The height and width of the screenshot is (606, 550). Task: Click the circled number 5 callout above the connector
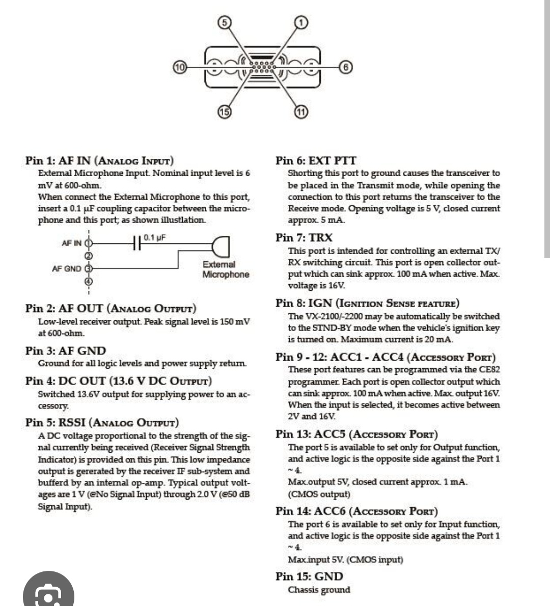pos(224,22)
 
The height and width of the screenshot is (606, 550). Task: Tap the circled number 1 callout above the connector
pos(301,22)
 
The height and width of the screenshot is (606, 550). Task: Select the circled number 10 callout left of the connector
pos(180,67)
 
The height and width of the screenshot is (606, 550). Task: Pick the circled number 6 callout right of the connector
pos(346,67)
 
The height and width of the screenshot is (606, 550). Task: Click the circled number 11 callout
pos(301,112)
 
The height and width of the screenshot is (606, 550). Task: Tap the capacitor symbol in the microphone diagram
pos(136,243)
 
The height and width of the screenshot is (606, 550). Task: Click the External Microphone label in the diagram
pos(226,269)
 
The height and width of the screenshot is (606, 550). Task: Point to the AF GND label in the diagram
pos(66,268)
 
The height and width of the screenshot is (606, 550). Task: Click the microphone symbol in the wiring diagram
pos(222,246)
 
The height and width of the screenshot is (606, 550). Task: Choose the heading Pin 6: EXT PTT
pos(316,160)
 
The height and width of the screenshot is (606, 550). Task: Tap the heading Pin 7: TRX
pos(304,237)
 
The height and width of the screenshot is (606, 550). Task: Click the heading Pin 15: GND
pos(309,576)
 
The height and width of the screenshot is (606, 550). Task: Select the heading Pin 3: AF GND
pos(66,351)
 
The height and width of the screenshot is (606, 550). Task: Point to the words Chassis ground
pos(319,590)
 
